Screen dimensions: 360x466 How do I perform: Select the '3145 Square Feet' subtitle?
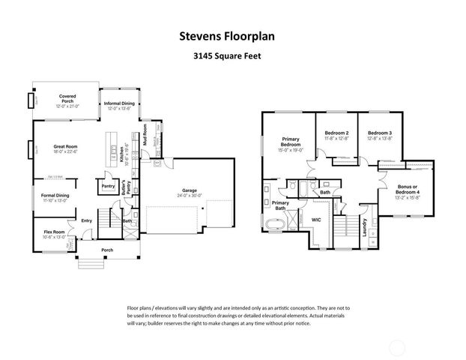(x=232, y=55)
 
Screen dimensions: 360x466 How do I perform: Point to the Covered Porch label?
(x=67, y=97)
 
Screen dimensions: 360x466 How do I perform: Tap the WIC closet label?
(x=315, y=220)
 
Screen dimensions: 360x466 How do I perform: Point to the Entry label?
(x=86, y=220)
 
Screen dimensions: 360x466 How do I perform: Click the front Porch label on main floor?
(x=107, y=250)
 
